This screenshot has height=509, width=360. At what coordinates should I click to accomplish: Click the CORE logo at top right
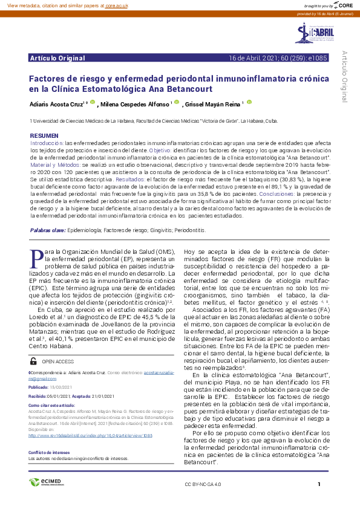342,5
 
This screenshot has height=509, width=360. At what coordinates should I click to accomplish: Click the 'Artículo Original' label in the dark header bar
57,58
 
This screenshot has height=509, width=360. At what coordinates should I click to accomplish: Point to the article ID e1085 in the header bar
318,58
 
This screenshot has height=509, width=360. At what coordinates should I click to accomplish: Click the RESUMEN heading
44,135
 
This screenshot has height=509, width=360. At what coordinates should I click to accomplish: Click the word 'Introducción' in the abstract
47,142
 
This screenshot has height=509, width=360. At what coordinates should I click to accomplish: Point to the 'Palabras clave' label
48,230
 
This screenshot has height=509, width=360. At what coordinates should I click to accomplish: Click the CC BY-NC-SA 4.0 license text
203,485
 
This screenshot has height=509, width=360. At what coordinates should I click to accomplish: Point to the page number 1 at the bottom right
319,484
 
